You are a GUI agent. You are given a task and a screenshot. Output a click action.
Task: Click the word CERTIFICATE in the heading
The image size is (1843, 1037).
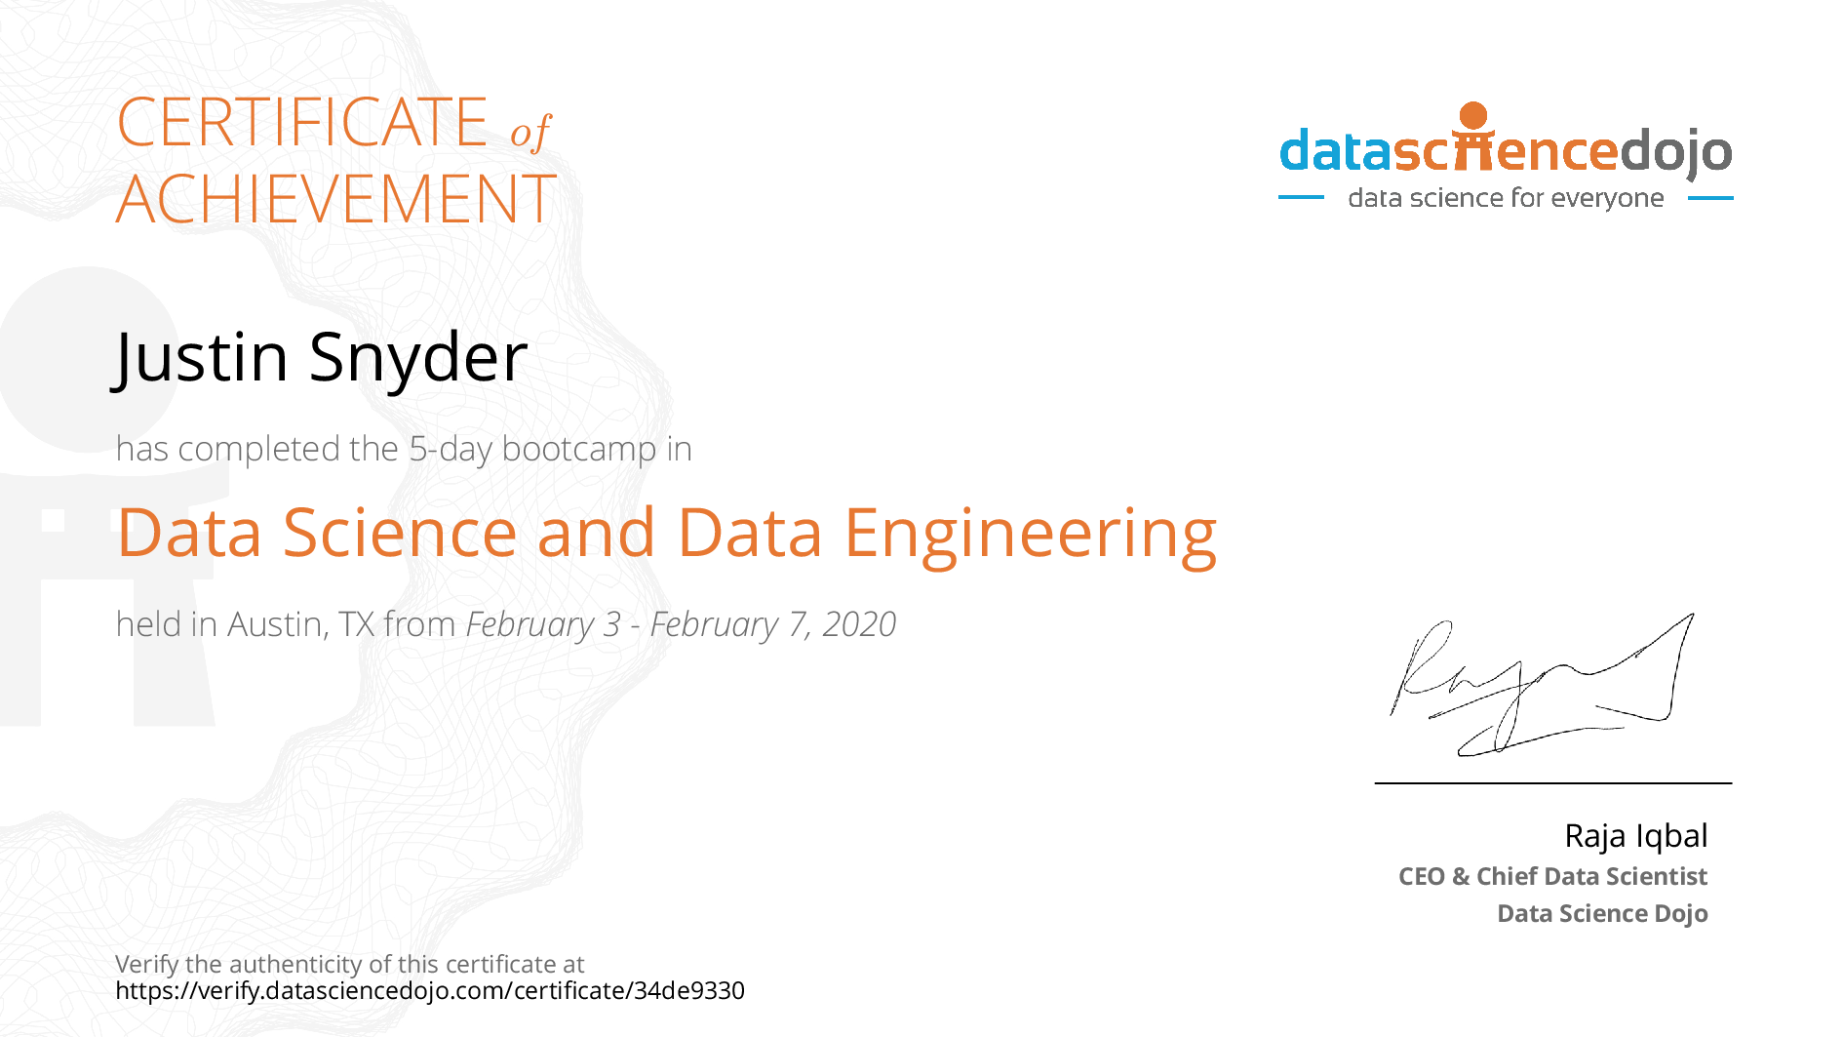coord(301,123)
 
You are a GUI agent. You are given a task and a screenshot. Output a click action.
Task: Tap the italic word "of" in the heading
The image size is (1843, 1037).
coord(530,132)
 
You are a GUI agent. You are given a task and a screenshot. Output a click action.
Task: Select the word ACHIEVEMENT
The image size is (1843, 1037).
coord(335,200)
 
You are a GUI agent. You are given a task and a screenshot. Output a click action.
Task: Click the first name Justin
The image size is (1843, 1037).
coord(202,357)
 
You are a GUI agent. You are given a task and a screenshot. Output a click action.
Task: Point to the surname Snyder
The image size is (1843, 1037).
coord(418,357)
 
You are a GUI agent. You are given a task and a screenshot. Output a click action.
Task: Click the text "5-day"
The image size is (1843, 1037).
coord(450,449)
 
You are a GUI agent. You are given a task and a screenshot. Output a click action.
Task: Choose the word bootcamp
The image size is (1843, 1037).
coord(579,450)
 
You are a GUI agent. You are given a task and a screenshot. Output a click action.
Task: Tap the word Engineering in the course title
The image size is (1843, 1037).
coord(1030,535)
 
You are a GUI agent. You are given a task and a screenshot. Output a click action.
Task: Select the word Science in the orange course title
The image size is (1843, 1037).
coord(400,534)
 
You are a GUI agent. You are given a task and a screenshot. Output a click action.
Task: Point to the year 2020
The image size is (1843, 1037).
coord(859,624)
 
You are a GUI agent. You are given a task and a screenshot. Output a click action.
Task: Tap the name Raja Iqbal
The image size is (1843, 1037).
coord(1635,836)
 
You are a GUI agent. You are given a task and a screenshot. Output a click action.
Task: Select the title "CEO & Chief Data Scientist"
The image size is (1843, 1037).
coord(1552,876)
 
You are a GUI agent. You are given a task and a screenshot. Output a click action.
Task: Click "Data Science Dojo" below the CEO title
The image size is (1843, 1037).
coord(1602,913)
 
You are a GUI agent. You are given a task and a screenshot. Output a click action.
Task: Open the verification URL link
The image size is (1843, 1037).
coord(430,991)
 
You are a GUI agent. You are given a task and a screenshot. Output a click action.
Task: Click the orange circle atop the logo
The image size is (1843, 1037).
coord(1473,115)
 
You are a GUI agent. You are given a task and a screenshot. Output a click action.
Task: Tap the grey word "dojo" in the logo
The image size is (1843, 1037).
coord(1675,152)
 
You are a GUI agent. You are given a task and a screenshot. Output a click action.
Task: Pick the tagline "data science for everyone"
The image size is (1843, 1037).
coord(1506,198)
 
